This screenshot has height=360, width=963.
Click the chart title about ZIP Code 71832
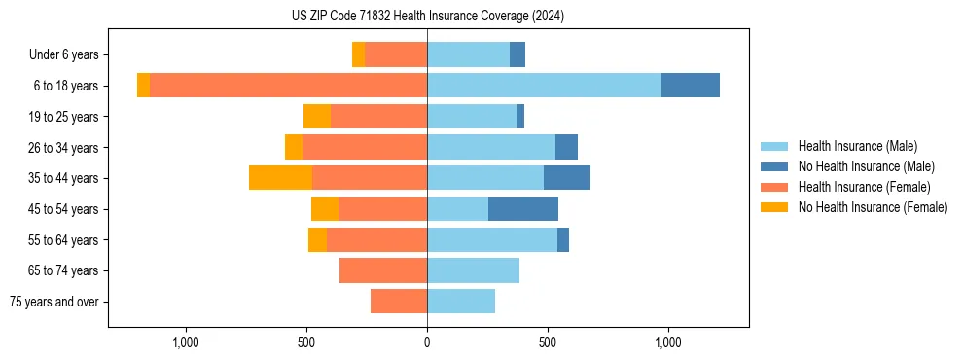coord(427,17)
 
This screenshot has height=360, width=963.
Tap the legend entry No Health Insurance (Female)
coord(873,207)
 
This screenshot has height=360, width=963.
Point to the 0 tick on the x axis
coord(427,342)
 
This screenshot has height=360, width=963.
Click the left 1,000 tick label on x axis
coord(186,342)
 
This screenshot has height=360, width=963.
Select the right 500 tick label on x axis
coord(548,342)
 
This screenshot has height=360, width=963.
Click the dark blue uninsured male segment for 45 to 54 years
coord(523,209)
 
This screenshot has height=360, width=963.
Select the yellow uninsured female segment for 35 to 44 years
coord(280,178)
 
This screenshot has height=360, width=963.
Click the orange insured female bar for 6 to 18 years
coord(288,86)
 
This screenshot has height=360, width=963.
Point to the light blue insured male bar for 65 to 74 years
coord(473,270)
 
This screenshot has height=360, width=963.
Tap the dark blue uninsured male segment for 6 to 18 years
coord(691,86)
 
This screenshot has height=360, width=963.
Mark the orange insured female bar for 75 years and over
coord(399,302)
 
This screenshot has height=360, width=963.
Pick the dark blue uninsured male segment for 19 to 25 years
coord(520,117)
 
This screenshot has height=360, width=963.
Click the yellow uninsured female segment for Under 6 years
coord(358,55)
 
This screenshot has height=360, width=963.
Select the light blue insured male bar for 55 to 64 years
coord(492,240)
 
